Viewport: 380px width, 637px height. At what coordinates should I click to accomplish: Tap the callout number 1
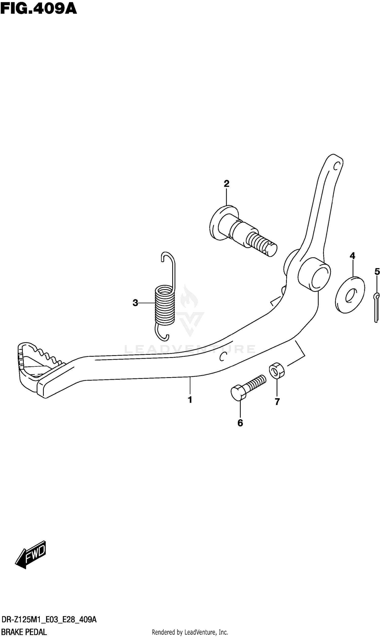click(x=190, y=400)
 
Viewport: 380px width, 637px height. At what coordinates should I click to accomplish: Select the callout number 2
click(x=226, y=184)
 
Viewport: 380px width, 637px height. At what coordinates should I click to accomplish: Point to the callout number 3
click(x=136, y=303)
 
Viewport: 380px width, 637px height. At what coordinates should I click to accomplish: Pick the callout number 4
click(x=352, y=256)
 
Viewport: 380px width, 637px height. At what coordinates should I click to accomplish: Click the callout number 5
click(x=377, y=271)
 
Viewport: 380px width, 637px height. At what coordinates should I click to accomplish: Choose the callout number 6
click(x=240, y=423)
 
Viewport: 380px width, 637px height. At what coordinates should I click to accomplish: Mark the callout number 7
click(x=277, y=402)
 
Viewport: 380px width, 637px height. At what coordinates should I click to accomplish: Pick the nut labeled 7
click(x=277, y=370)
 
